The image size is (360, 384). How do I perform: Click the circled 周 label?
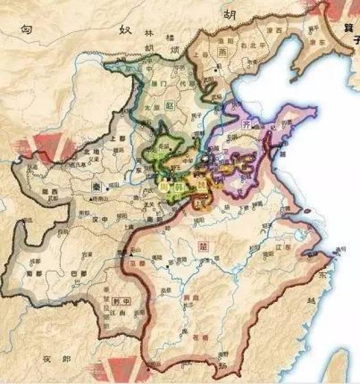point(164,188)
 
